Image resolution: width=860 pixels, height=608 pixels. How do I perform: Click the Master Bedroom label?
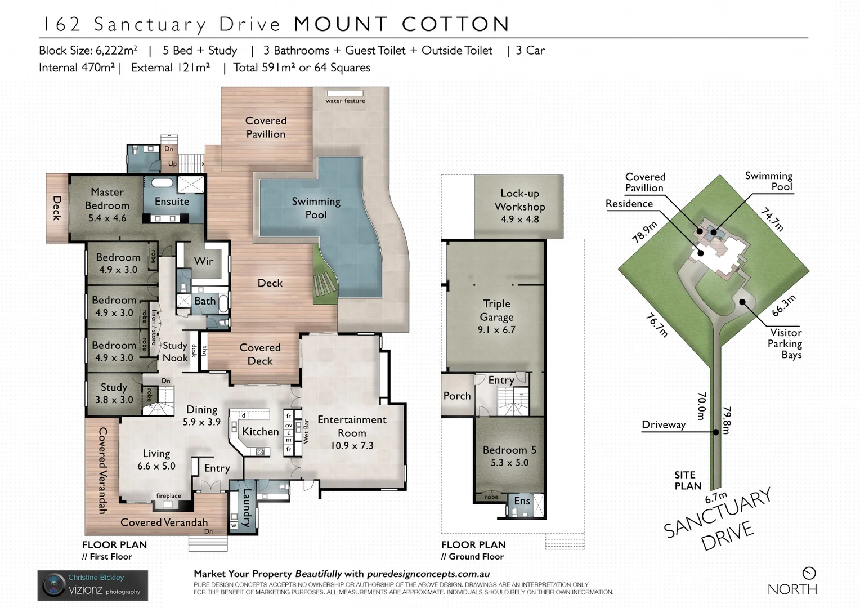(107, 199)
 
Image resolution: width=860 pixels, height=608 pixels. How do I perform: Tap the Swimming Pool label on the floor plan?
(316, 208)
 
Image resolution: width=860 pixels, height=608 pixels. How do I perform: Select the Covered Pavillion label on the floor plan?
(266, 127)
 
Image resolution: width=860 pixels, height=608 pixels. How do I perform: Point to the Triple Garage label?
(496, 310)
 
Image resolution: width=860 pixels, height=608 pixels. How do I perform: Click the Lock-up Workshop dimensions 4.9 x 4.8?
(519, 220)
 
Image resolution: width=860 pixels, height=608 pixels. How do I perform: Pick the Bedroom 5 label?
(509, 450)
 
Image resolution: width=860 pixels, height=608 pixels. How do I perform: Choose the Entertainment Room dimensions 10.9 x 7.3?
(352, 446)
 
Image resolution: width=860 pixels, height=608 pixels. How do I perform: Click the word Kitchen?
(260, 432)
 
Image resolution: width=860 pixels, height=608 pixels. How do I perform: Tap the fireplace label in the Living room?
(168, 496)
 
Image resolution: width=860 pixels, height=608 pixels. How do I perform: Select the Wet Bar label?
(306, 432)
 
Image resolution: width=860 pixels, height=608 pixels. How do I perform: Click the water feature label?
(345, 101)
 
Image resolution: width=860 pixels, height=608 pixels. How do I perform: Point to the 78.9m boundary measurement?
(644, 232)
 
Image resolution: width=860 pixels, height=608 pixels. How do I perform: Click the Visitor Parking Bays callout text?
(785, 343)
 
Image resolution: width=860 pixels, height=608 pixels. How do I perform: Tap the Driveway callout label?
(664, 425)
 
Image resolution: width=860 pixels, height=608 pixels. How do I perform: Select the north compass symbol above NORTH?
(809, 573)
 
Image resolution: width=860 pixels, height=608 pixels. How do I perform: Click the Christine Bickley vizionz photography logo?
(93, 585)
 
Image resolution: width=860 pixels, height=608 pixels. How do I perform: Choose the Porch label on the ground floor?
(456, 396)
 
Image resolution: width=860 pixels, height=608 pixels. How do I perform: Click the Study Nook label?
(175, 352)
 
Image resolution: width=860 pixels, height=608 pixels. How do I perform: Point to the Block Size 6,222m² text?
(88, 51)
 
